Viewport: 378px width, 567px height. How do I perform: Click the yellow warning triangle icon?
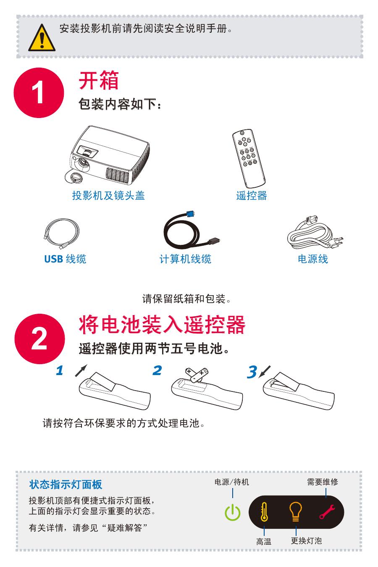click(42, 38)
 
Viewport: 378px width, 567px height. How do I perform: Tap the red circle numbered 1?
click(39, 93)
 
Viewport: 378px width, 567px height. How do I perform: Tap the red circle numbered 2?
click(39, 339)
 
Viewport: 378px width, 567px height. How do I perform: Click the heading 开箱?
click(99, 81)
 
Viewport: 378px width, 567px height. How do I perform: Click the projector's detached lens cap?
click(73, 176)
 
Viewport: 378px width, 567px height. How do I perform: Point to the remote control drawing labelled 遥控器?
click(248, 158)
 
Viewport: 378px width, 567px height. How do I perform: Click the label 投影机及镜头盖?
click(108, 195)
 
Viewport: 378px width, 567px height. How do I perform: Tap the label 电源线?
click(313, 259)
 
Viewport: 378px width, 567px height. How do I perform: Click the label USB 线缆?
click(65, 259)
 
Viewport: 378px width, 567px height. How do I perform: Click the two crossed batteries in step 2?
click(197, 374)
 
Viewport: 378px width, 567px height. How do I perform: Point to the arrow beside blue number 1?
click(81, 370)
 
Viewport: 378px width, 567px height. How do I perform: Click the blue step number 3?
click(252, 372)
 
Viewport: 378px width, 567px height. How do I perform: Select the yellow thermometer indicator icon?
click(264, 512)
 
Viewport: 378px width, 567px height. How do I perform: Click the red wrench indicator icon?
click(327, 512)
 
